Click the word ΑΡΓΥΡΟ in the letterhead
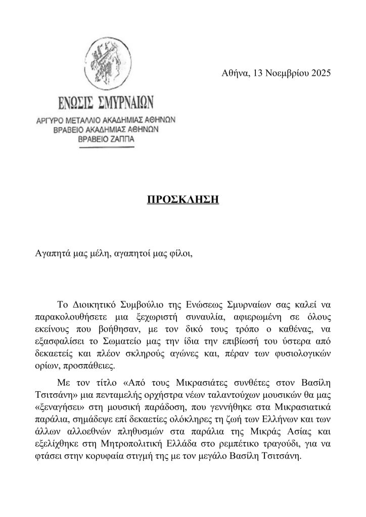click(x=57, y=121)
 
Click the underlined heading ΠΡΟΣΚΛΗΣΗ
click(x=182, y=199)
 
